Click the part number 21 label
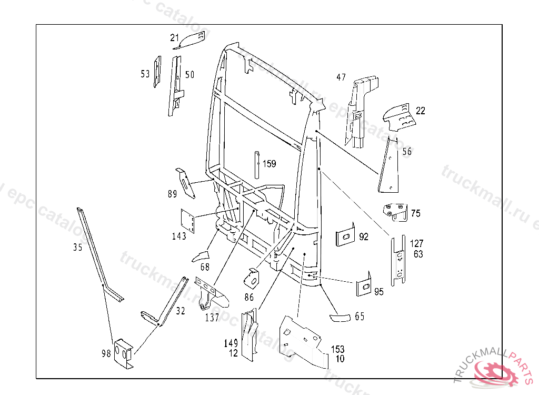[x=175, y=37]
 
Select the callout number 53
[x=145, y=74]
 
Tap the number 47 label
[x=341, y=77]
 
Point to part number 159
[x=269, y=164]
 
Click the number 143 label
[x=179, y=236]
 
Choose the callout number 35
[x=78, y=247]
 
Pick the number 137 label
[x=212, y=317]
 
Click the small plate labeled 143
[x=188, y=220]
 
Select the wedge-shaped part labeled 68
[x=201, y=256]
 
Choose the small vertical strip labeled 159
[x=257, y=165]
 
